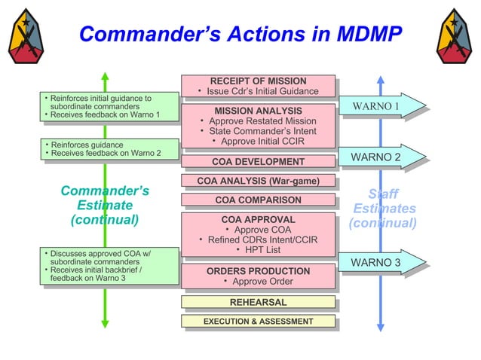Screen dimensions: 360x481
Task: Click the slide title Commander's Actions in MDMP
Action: pyautogui.click(x=240, y=35)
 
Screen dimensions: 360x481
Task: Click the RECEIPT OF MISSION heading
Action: pyautogui.click(x=258, y=81)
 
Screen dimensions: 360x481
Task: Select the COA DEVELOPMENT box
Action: pyautogui.click(x=258, y=161)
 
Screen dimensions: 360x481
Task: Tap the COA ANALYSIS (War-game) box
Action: pyautogui.click(x=258, y=181)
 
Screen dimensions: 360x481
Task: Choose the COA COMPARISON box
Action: pyautogui.click(x=258, y=200)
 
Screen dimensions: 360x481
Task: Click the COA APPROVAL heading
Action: pyautogui.click(x=258, y=219)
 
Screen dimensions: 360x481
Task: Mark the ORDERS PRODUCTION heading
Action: pyautogui.click(x=258, y=271)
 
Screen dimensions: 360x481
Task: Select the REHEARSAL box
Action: pyautogui.click(x=258, y=302)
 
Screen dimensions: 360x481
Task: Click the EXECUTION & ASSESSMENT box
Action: pyautogui.click(x=258, y=322)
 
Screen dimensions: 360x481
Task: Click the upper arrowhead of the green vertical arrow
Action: pyautogui.click(x=106, y=77)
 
